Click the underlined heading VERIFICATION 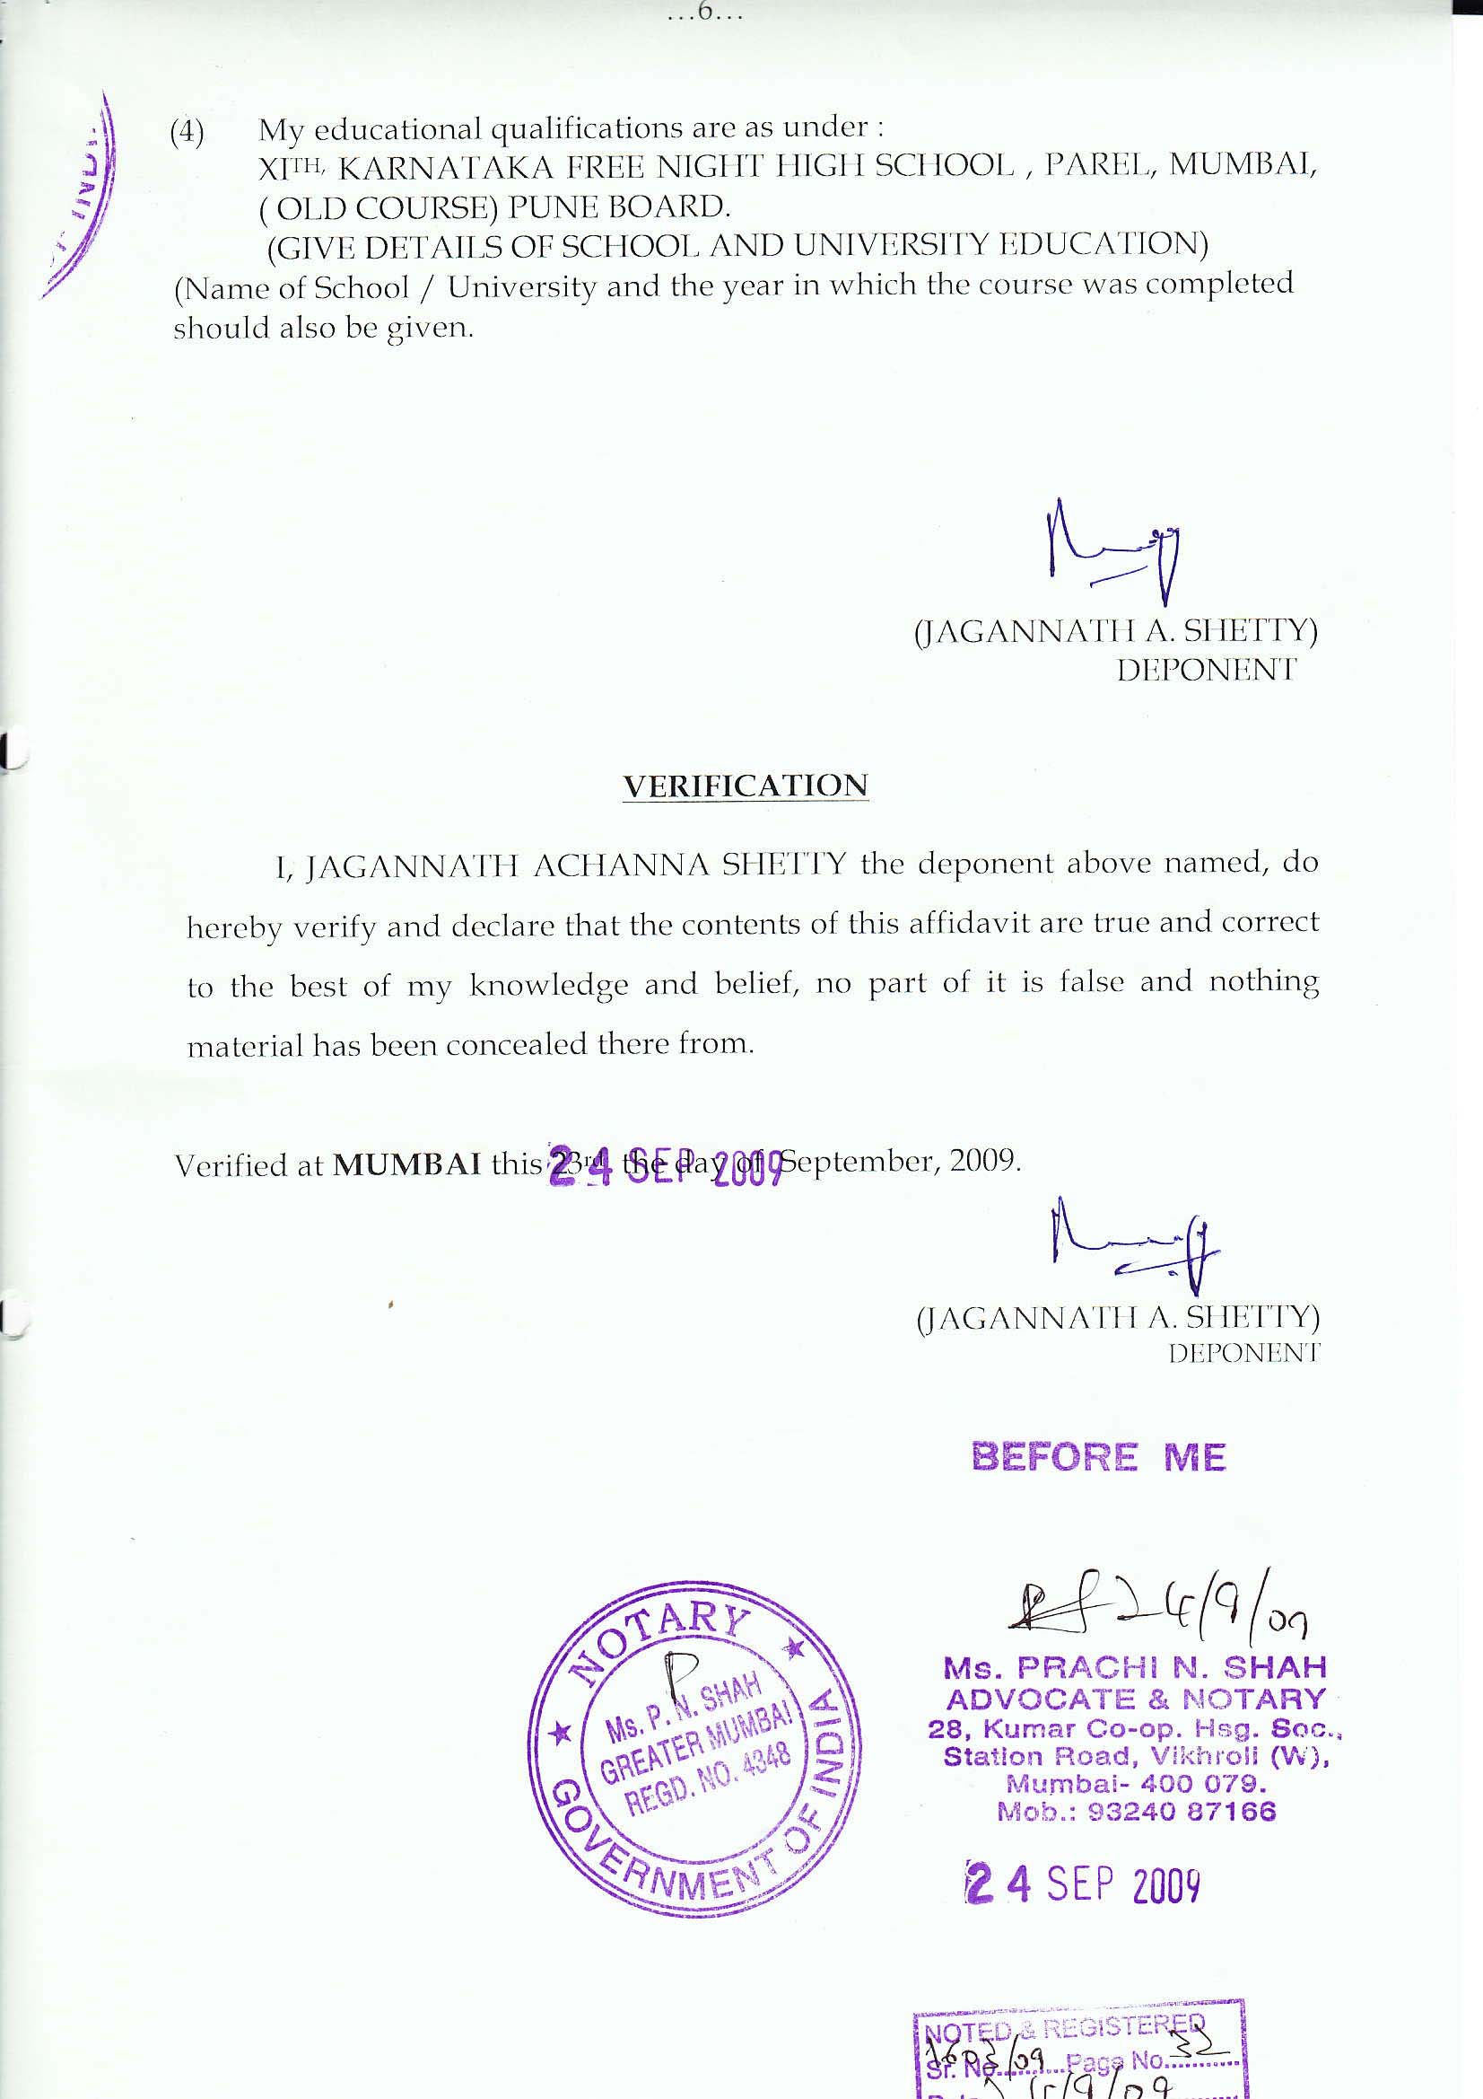[745, 786]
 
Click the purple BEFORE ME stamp [1097, 1457]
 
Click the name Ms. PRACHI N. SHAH [1134, 1667]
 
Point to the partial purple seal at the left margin [87, 197]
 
